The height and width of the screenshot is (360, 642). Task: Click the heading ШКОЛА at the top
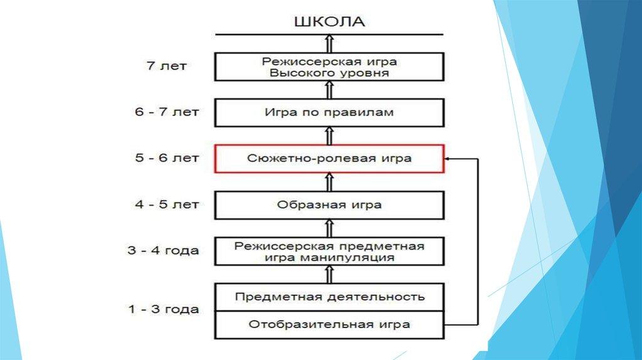click(329, 21)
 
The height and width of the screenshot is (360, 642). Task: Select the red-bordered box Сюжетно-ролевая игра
click(329, 159)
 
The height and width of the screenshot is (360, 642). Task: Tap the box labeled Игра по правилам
click(329, 113)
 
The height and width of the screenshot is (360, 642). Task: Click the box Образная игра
click(329, 204)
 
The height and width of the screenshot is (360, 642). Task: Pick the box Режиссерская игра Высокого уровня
click(329, 67)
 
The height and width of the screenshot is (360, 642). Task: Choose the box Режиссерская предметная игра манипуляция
click(329, 251)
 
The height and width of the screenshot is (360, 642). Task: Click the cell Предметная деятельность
click(329, 297)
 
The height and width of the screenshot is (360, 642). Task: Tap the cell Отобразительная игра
click(329, 324)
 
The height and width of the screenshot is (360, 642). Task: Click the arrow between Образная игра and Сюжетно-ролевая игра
click(329, 182)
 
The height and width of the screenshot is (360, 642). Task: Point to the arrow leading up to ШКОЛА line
click(329, 43)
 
